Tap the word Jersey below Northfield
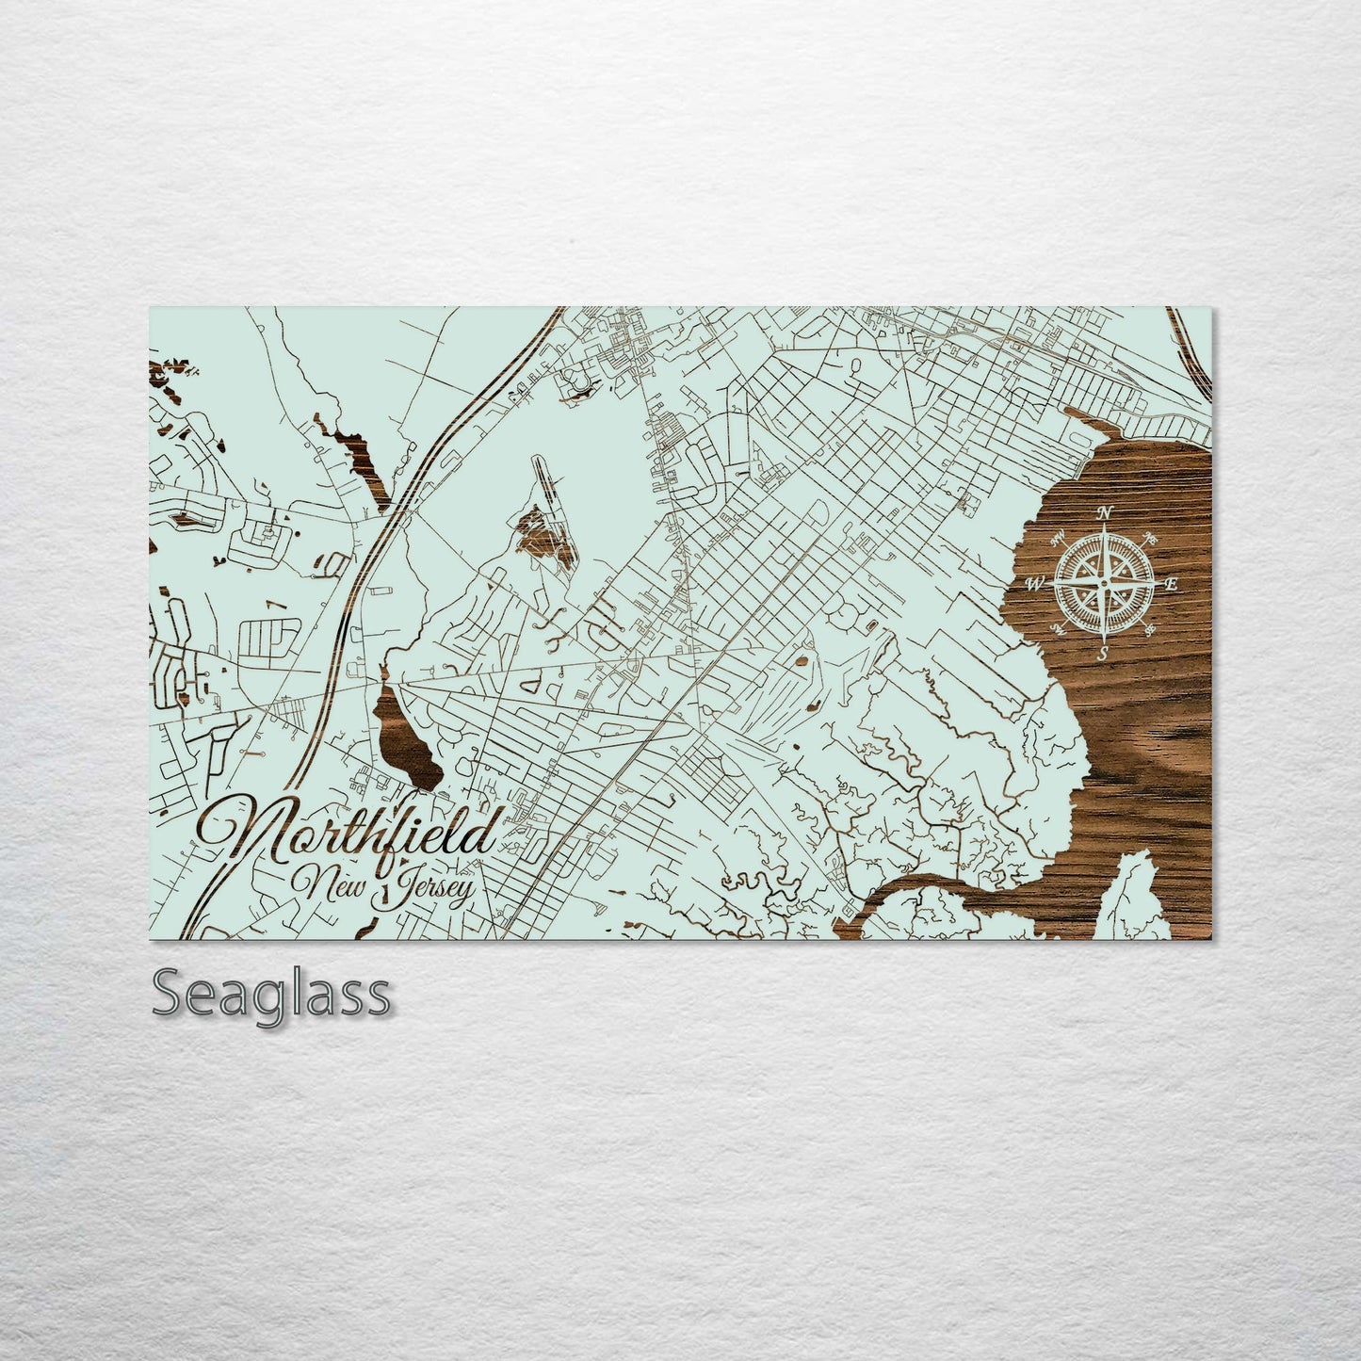tap(424, 889)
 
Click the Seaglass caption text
tap(270, 995)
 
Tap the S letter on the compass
tap(1103, 654)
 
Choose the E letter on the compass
tap(1172, 584)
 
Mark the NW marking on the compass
tap(1058, 538)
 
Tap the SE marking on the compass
tap(1148, 628)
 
